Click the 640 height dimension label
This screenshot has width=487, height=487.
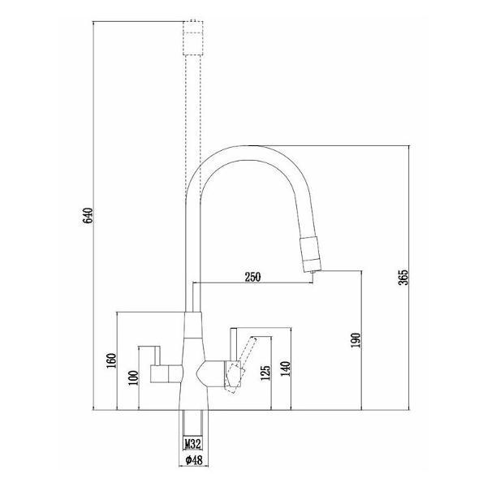pos(88,215)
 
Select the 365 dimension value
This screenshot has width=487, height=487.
pos(403,277)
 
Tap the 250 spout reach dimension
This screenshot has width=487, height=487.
pos(252,277)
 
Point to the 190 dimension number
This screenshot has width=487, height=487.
pos(356,340)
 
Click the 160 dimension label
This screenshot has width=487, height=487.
pos(111,360)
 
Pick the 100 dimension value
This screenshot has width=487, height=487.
pos(133,377)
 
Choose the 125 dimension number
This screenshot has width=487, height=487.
pos(265,373)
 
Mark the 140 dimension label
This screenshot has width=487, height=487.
pos(286,368)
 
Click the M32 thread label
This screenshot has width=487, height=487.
pos(193,443)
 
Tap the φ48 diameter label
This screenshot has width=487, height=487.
pos(194,460)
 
